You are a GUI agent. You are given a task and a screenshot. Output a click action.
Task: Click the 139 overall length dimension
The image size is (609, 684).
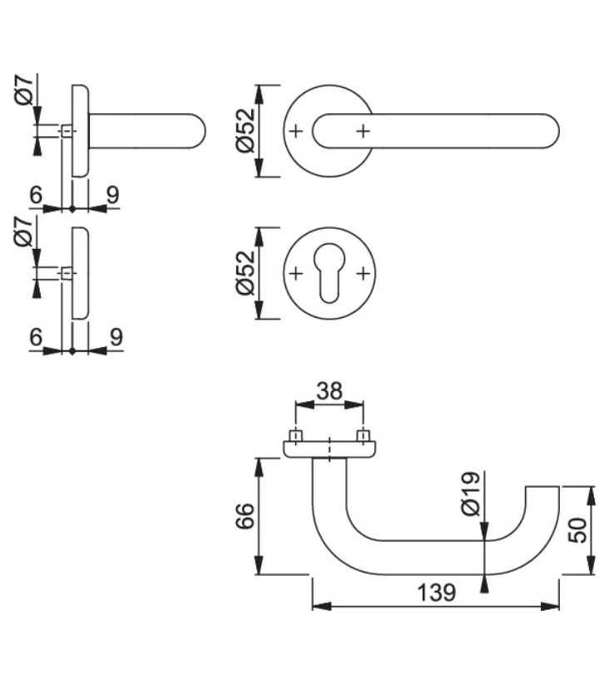pos(436,592)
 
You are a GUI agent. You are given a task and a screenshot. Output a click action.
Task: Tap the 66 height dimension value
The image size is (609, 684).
pos(242,516)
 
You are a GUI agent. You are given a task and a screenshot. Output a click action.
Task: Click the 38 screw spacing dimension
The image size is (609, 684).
pos(329,390)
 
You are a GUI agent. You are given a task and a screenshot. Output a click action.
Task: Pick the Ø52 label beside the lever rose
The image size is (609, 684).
pos(244,130)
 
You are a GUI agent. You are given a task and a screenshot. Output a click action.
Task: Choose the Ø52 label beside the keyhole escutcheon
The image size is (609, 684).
pos(244,274)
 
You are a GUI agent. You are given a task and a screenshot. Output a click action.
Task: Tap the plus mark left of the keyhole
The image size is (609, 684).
pos(295,274)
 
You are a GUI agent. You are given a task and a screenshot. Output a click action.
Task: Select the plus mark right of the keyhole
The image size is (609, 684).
pos(363,274)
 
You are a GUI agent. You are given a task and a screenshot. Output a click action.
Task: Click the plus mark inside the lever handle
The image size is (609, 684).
pos(363,131)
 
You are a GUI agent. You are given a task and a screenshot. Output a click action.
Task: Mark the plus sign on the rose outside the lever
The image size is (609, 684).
pos(295,131)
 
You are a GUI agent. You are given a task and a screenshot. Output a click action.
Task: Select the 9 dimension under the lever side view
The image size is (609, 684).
pos(114,194)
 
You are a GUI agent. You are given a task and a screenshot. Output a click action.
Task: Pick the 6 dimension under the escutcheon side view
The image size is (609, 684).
pos(35,337)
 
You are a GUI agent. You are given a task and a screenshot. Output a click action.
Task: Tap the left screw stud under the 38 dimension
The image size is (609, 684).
pos(295,436)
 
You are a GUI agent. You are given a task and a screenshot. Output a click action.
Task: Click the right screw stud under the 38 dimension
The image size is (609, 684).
pos(363,436)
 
